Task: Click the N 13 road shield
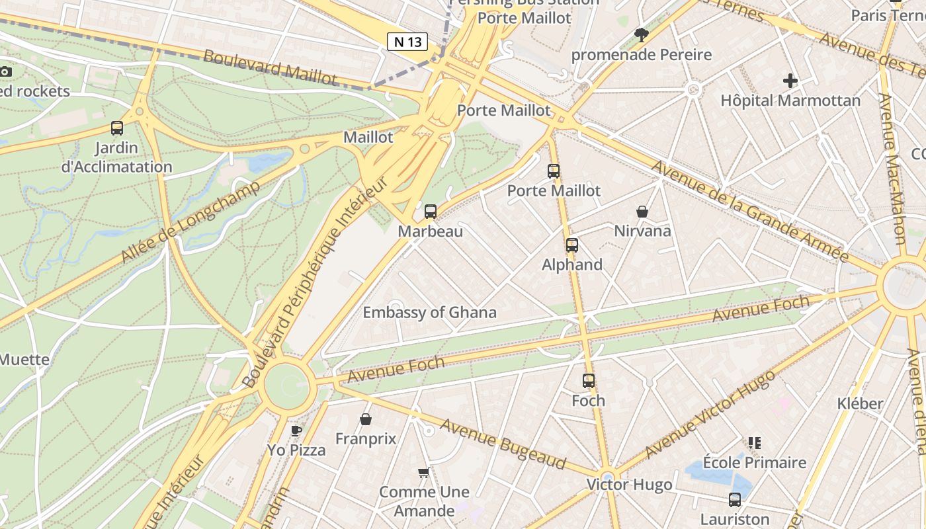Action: [407, 42]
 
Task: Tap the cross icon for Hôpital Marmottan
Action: [790, 81]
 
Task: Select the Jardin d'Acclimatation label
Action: [116, 157]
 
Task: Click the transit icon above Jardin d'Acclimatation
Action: [117, 128]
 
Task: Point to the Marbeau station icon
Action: [431, 212]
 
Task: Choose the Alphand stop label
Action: [572, 265]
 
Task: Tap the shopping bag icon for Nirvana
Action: [642, 212]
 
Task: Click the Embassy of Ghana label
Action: [429, 313]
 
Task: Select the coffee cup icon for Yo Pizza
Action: [296, 430]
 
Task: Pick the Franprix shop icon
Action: [365, 419]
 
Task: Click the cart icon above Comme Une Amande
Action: [424, 472]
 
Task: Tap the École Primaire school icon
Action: [754, 442]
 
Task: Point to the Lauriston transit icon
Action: [735, 500]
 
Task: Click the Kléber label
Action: [860, 403]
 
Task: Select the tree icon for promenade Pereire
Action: [641, 35]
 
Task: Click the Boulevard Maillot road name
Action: [270, 67]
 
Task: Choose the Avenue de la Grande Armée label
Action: [749, 211]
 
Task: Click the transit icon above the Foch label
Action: [589, 381]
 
